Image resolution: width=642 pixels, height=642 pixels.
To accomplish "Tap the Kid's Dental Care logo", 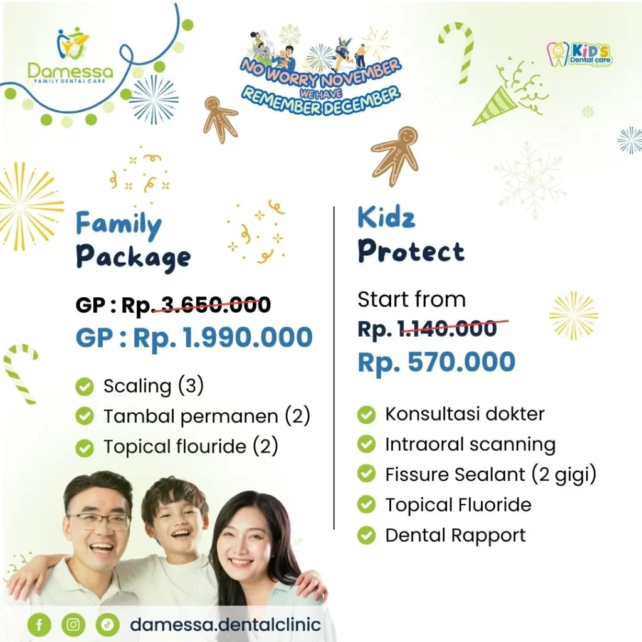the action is click(579, 54).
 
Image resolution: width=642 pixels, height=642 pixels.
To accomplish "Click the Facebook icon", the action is click(39, 625).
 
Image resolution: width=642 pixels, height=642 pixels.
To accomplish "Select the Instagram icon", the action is click(73, 625).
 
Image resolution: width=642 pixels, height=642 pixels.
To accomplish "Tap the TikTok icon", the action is click(108, 625).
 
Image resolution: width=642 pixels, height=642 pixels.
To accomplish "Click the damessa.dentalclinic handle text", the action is click(225, 625).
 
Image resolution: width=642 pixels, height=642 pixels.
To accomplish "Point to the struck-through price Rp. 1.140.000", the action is click(428, 329).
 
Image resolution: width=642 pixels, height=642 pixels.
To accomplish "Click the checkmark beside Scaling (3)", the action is click(85, 386).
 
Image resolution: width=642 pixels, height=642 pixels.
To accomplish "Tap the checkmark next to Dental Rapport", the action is click(366, 535).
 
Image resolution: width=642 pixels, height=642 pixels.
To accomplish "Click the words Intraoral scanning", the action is click(470, 445).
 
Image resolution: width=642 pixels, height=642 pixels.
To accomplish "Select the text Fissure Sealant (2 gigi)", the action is click(490, 475).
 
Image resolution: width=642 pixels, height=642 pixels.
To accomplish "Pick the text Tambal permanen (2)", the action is click(207, 416).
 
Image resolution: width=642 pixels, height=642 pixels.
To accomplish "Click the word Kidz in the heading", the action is click(386, 218).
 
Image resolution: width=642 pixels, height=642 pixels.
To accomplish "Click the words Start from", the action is click(411, 299).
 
